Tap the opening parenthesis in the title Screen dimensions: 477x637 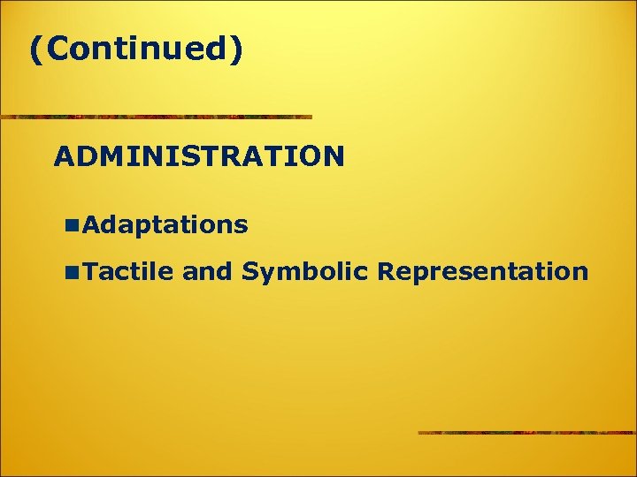click(x=36, y=50)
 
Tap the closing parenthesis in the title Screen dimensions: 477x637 click(x=235, y=50)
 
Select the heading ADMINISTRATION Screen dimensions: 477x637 click(x=199, y=156)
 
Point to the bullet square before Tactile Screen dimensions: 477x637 click(x=71, y=272)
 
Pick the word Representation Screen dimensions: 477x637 click(x=481, y=271)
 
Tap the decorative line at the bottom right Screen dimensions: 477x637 click(x=526, y=433)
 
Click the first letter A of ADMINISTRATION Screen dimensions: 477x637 click(x=64, y=156)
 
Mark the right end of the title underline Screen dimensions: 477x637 click(x=311, y=117)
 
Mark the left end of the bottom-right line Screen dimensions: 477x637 click(x=419, y=433)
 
